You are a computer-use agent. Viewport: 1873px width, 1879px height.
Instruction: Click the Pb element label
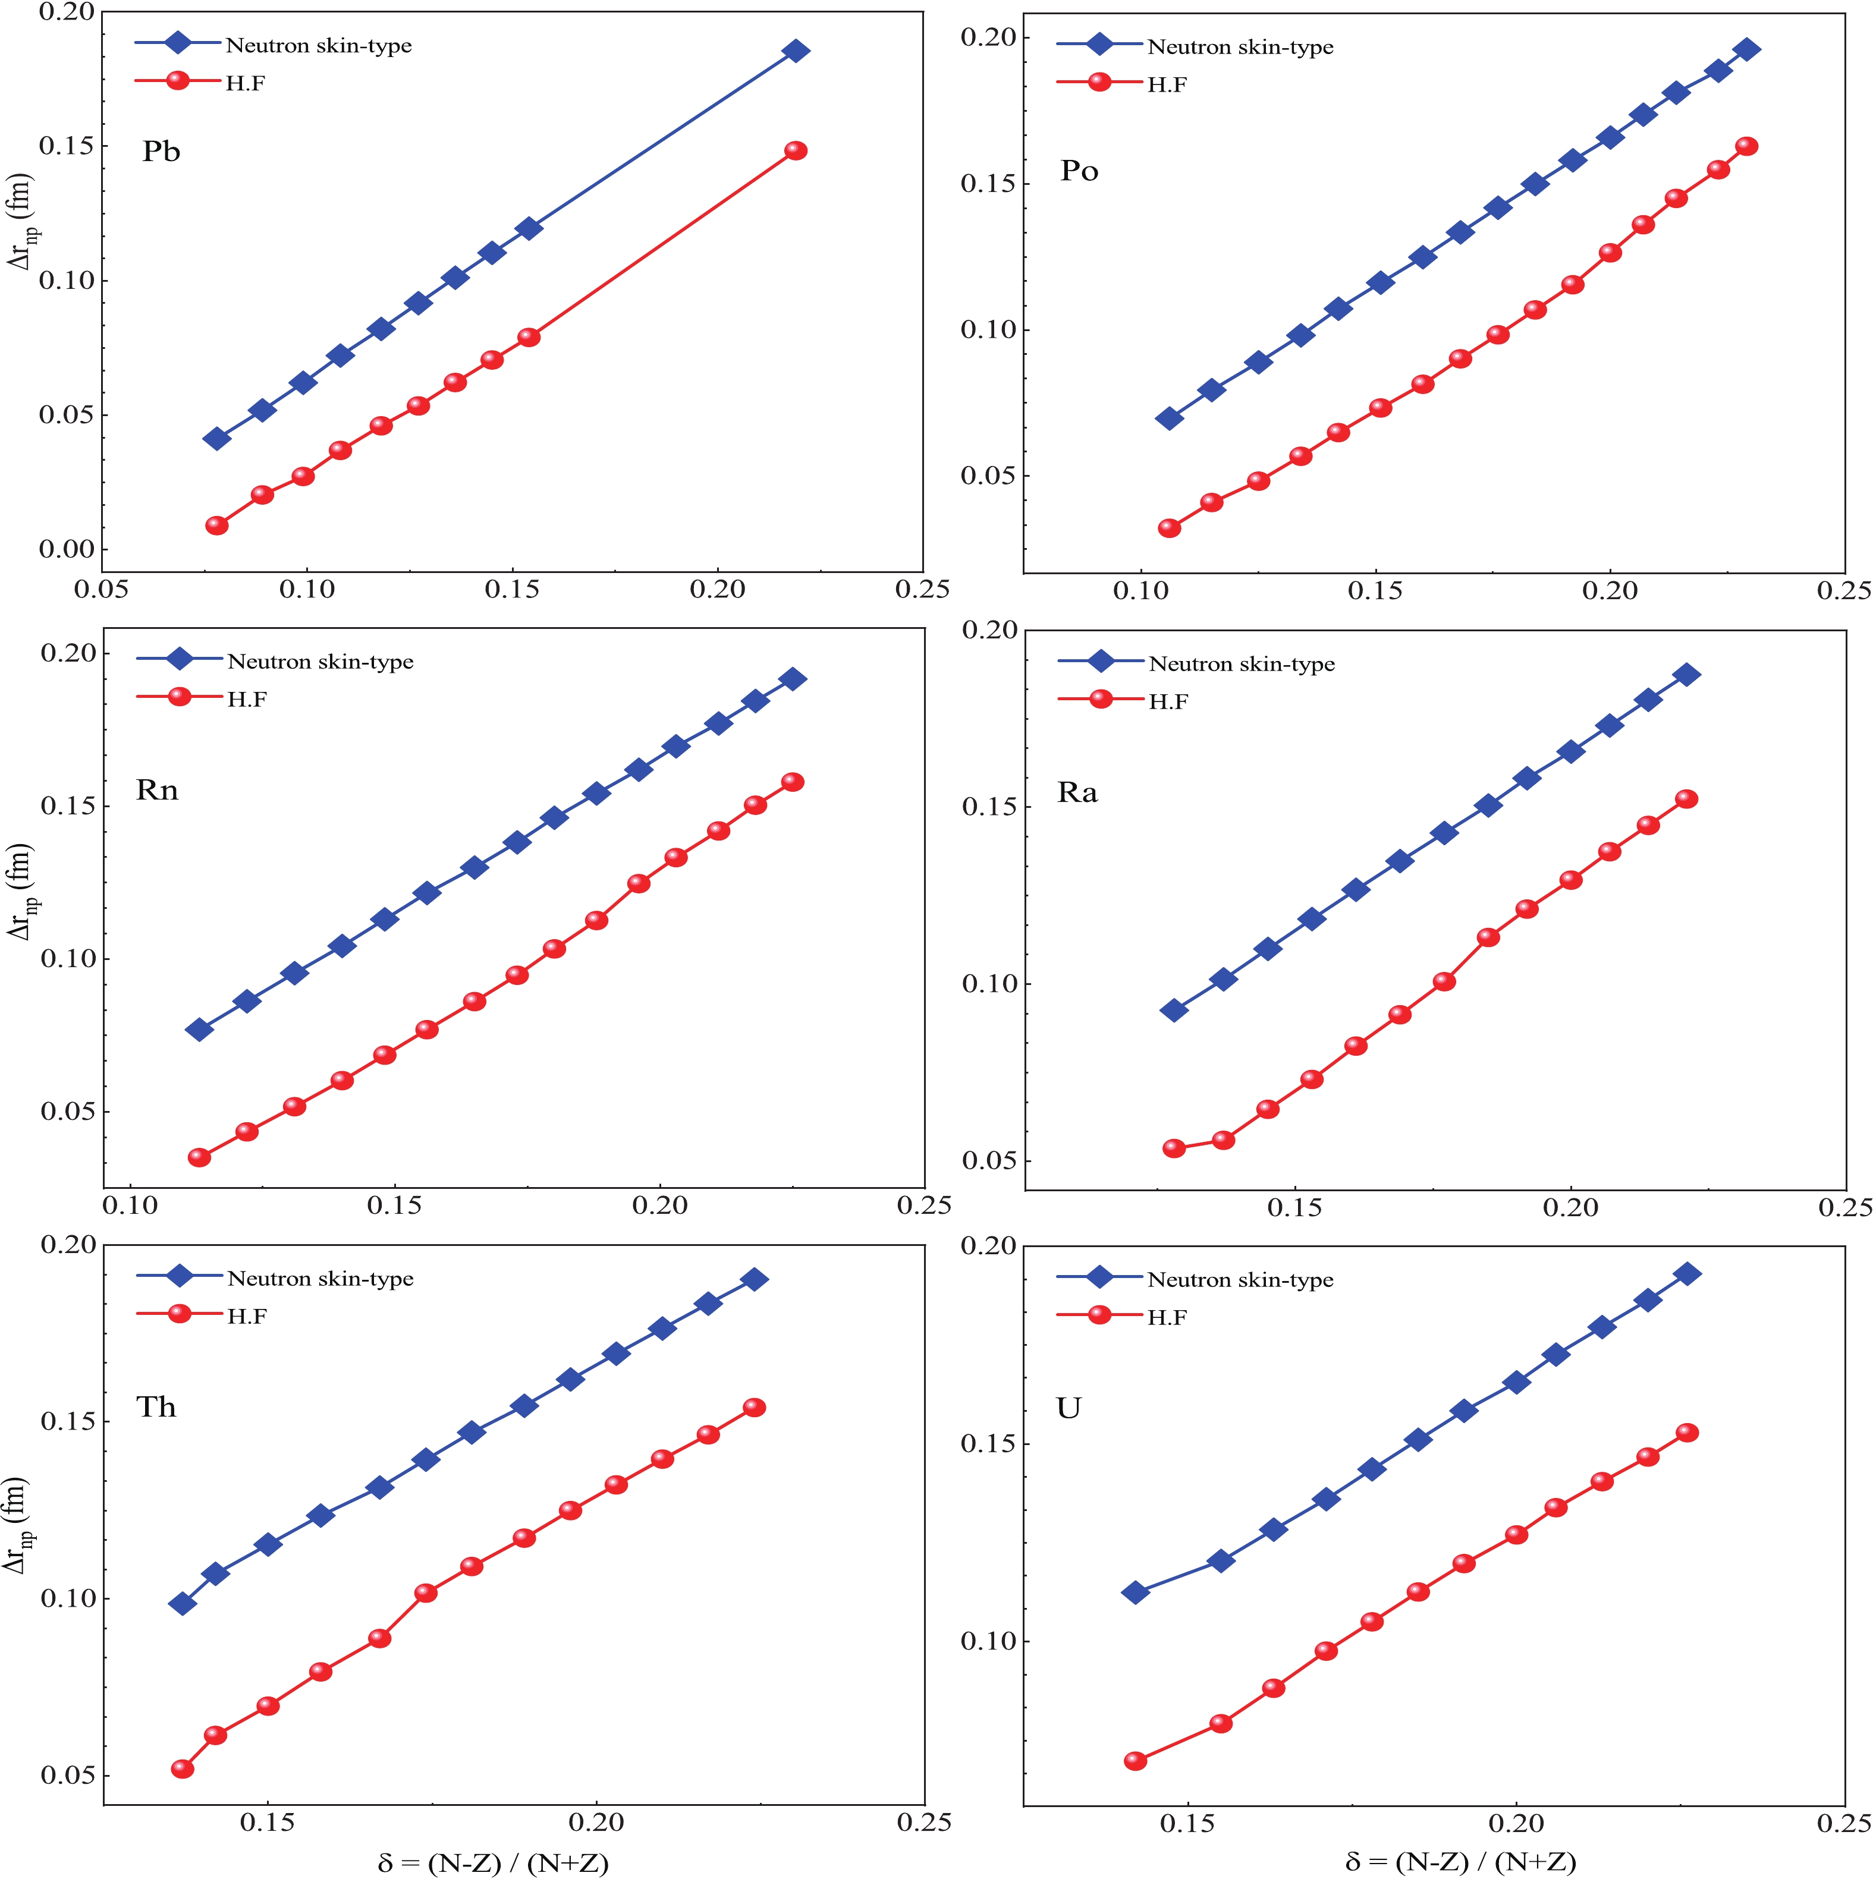[x=162, y=152]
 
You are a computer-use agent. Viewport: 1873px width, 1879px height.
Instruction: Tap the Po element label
[x=1079, y=171]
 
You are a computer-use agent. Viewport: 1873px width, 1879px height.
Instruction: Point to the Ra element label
[x=1077, y=792]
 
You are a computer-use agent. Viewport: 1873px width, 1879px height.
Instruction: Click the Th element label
[x=156, y=1407]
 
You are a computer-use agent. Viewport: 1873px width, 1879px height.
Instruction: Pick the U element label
[x=1069, y=1408]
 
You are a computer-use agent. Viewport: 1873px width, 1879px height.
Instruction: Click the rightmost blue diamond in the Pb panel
[x=796, y=51]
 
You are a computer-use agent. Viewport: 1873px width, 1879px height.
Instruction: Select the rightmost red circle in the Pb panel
[x=796, y=151]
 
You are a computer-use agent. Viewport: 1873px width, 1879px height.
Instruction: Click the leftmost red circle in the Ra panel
[x=1174, y=1148]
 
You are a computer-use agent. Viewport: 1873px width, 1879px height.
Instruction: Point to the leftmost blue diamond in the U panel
[x=1135, y=1592]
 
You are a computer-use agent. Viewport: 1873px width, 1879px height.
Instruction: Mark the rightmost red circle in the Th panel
[x=754, y=1407]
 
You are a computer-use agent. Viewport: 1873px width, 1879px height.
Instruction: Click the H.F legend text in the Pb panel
[x=245, y=84]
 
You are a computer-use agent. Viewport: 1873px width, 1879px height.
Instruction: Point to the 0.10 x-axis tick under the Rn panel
[x=130, y=1206]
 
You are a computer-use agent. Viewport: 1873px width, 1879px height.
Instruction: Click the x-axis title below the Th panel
[x=494, y=1862]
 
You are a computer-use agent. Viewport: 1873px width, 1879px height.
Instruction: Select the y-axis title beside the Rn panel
[x=21, y=891]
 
